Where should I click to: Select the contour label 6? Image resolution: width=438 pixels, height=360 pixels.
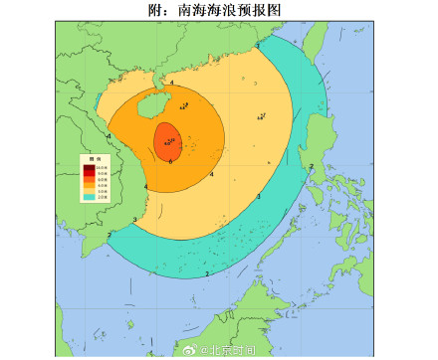click(171, 162)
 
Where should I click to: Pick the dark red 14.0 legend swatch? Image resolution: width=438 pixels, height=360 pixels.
click(89, 168)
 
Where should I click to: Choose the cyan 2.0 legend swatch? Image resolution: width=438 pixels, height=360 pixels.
click(89, 198)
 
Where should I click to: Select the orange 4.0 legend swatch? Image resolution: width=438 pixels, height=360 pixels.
click(89, 186)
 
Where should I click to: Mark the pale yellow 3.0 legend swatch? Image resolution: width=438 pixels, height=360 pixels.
click(89, 192)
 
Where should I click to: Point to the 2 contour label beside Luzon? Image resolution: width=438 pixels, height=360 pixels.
click(312, 166)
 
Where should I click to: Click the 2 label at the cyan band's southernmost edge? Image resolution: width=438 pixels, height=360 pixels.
click(206, 273)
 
